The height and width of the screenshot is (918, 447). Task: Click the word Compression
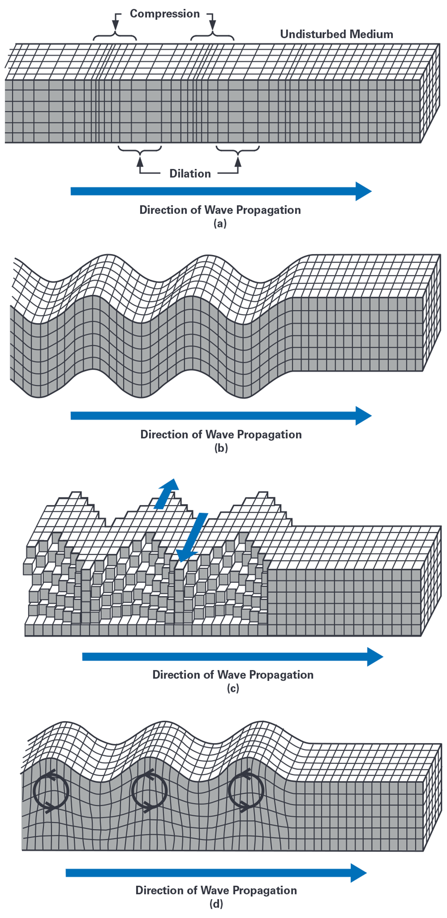164,14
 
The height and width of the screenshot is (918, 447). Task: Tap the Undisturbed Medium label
336,34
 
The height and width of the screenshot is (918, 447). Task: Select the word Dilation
190,173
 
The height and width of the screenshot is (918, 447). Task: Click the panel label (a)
220,224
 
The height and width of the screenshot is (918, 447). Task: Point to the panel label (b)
221,448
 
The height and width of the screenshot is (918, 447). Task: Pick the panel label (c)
232,688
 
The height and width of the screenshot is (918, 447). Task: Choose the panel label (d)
216,904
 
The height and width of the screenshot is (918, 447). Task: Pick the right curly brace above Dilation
238,149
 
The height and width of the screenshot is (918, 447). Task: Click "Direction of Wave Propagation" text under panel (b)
221,434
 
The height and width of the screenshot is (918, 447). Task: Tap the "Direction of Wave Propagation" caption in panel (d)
216,890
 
